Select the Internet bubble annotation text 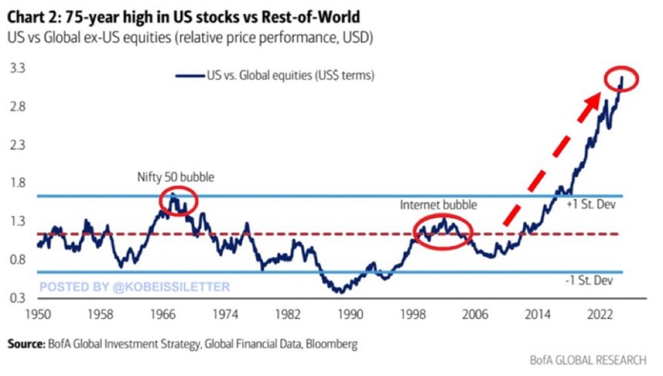438,205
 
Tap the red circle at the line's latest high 622,79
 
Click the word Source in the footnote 26,344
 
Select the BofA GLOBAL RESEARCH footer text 589,360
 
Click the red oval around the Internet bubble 444,230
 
